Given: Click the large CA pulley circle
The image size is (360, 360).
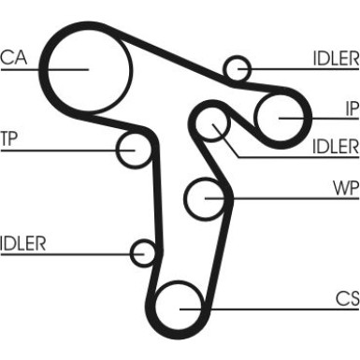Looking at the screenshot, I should click(x=86, y=67).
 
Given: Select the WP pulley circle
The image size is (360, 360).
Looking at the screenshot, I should click(x=207, y=197).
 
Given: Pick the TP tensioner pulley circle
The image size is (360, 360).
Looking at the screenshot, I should click(x=134, y=149).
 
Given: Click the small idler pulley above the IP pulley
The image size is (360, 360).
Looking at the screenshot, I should click(x=238, y=68).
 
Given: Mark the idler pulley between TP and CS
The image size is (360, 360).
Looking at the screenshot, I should click(x=143, y=252).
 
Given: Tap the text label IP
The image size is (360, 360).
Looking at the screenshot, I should click(x=351, y=107).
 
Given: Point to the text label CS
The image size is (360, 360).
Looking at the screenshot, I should click(x=347, y=298).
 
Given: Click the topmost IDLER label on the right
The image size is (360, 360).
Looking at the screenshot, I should click(x=335, y=57).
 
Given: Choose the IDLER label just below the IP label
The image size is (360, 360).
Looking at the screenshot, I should click(x=335, y=146).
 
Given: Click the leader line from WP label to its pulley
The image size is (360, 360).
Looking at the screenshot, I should click(x=281, y=197).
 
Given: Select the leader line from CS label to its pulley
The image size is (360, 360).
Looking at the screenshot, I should click(x=271, y=309).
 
